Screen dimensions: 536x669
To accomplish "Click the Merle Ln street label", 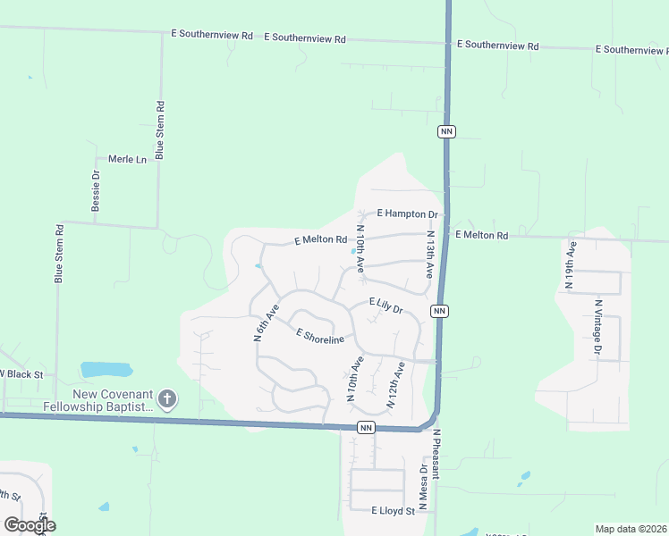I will (127, 159).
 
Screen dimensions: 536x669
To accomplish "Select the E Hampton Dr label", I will (407, 214).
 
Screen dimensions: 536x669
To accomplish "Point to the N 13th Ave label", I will (430, 254).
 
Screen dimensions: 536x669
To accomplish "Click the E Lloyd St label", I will (394, 511).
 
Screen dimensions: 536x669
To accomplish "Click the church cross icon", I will (167, 398).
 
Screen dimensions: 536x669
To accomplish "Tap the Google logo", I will (29, 525).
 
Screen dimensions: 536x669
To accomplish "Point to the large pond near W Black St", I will (106, 369).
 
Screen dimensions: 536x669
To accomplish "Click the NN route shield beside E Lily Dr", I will (438, 310).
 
